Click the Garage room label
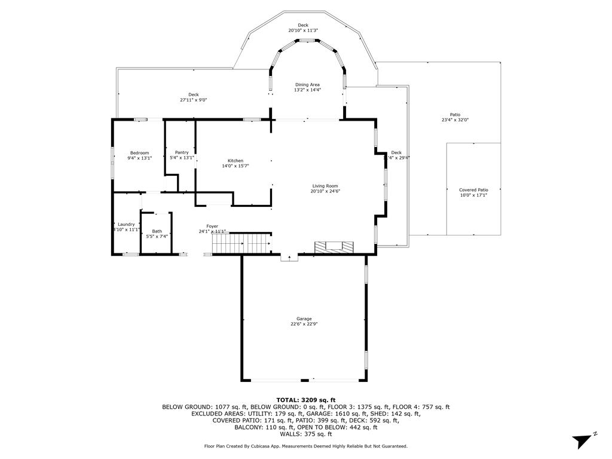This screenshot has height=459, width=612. (304, 319)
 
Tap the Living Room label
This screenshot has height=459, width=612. (325, 186)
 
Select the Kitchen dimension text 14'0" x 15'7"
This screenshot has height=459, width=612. (235, 166)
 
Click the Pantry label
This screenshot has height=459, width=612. (182, 152)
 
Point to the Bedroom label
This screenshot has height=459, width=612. (139, 153)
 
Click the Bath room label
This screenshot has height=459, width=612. (157, 231)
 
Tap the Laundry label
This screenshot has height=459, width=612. (126, 224)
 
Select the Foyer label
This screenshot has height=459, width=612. (212, 226)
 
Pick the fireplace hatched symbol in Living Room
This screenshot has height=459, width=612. (334, 246)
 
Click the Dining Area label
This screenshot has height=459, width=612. (307, 85)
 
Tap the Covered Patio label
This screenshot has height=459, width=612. (473, 190)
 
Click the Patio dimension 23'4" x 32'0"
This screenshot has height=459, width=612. (455, 120)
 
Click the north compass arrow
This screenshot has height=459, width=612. (583, 441)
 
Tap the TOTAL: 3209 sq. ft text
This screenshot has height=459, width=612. (306, 400)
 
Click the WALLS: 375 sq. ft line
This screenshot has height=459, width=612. (306, 434)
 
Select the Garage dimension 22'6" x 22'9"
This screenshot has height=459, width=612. (304, 325)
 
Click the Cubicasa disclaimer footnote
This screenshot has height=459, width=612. (306, 446)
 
